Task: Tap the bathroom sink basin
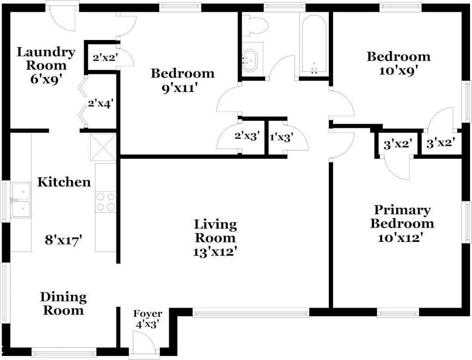tap(249, 60)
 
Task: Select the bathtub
tap(314, 44)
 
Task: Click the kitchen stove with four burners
tap(106, 201)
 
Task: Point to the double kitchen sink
tap(21, 200)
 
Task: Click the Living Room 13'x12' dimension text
tap(214, 252)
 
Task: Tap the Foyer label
tap(148, 314)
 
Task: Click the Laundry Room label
tap(46, 59)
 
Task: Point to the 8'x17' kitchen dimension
tap(64, 240)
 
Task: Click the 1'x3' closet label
tap(282, 138)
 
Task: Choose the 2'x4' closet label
tap(101, 104)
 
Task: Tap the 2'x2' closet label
tap(105, 57)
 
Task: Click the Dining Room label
tap(64, 304)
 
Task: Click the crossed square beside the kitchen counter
tap(103, 147)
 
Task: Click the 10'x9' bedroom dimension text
tap(398, 71)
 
